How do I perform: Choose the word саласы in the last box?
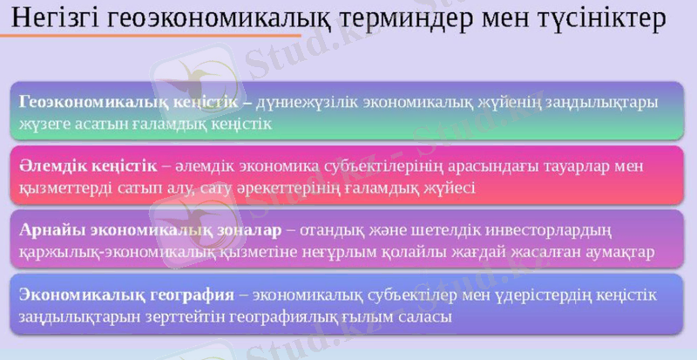427,316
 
